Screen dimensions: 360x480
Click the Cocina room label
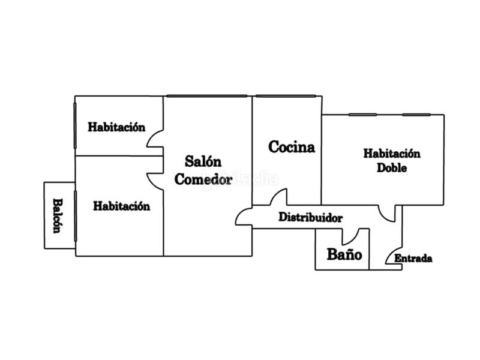[292, 147]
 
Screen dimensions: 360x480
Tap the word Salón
[203, 161]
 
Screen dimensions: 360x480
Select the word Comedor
[203, 179]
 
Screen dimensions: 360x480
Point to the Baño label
[344, 254]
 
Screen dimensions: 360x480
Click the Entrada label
[413, 259]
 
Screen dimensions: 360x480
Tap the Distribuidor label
[310, 218]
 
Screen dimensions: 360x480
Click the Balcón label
[58, 215]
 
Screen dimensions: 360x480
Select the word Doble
[392, 168]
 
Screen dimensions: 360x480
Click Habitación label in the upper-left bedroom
[117, 127]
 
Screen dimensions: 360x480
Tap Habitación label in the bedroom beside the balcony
[121, 206]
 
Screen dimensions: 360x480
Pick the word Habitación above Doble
[392, 154]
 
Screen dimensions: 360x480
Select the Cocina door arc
[279, 197]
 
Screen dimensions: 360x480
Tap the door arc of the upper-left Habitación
[155, 139]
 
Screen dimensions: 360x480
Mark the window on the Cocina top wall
[286, 96]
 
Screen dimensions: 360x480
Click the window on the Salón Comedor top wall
[206, 96]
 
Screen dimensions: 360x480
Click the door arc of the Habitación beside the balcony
[155, 180]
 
